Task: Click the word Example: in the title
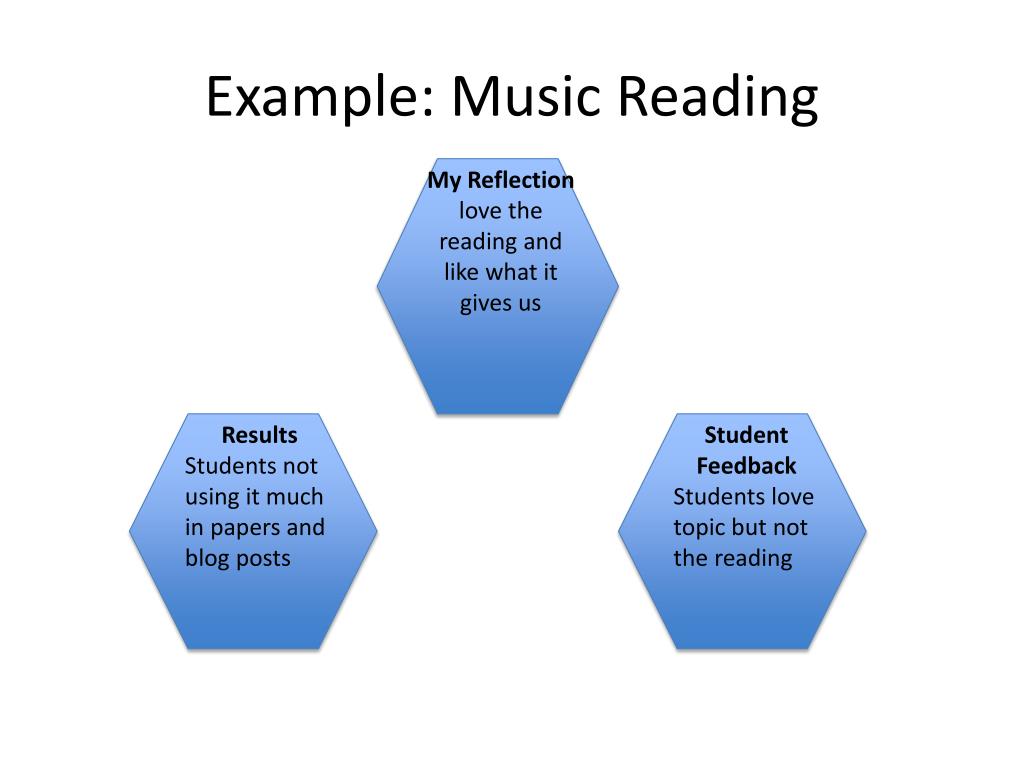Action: pyautogui.click(x=319, y=98)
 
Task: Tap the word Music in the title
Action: pyautogui.click(x=526, y=98)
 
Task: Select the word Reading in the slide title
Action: pyautogui.click(x=717, y=98)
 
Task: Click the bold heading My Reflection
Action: pyautogui.click(x=501, y=181)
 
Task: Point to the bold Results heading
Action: pyautogui.click(x=259, y=435)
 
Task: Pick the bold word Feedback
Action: pyautogui.click(x=746, y=466)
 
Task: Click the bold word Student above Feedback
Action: pyautogui.click(x=746, y=435)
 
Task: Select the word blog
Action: pyautogui.click(x=207, y=558)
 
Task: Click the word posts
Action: pyautogui.click(x=263, y=558)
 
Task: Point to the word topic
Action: pyautogui.click(x=699, y=528)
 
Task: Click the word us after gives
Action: pyautogui.click(x=528, y=303)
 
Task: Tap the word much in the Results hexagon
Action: pyautogui.click(x=294, y=497)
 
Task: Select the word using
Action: pyautogui.click(x=213, y=497)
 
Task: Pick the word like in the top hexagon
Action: pyautogui.click(x=462, y=272)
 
